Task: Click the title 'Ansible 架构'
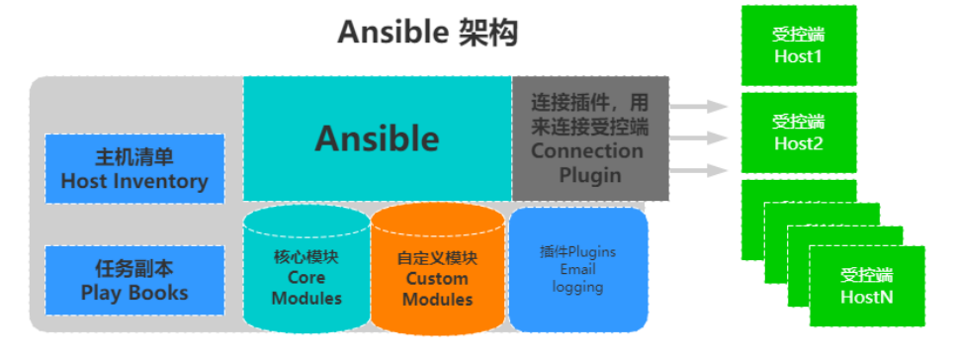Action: click(427, 33)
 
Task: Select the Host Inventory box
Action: click(135, 169)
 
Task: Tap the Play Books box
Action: click(135, 281)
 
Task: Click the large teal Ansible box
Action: click(377, 137)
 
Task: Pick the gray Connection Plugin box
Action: click(589, 138)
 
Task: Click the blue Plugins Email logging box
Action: click(578, 269)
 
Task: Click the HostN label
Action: click(866, 297)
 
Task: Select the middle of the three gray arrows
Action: click(700, 138)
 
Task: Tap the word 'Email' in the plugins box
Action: click(578, 269)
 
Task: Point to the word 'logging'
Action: click(578, 287)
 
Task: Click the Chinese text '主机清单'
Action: click(134, 158)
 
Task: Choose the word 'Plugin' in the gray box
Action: click(589, 175)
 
